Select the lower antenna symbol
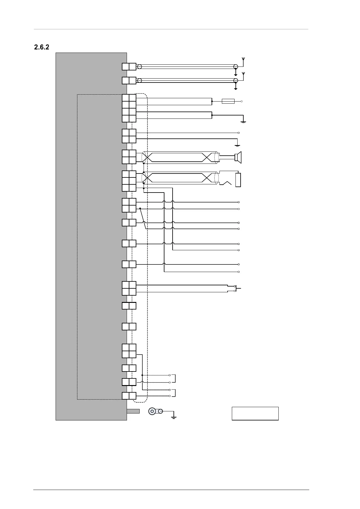click(243, 74)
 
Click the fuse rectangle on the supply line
click(228, 101)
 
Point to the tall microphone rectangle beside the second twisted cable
click(238, 180)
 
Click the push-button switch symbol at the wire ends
click(237, 288)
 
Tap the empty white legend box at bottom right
click(255, 413)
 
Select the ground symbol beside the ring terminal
click(174, 417)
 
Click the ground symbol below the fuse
click(243, 122)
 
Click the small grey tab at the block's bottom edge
click(133, 411)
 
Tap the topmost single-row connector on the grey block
click(129, 66)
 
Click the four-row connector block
click(129, 108)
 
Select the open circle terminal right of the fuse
click(242, 101)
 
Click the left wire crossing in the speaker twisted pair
click(148, 157)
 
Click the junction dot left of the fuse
click(212, 101)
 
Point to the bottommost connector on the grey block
click(129, 396)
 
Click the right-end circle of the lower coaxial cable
click(235, 80)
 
